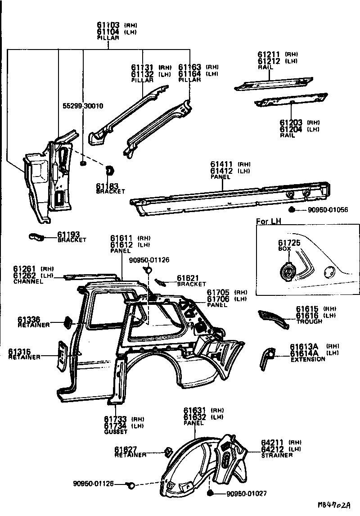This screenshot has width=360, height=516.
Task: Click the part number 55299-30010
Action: pos(83,106)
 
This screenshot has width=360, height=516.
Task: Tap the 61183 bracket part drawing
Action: pos(109,171)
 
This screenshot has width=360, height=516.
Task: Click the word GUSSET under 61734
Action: pos(116,432)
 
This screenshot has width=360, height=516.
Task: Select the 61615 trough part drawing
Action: pos(274,318)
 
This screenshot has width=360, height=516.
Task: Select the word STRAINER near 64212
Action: pos(277,455)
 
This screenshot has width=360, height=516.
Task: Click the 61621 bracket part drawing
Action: pos(159,282)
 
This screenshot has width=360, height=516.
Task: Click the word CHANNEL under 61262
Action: pos(28,281)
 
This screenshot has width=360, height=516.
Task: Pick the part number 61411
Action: pos(221,165)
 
